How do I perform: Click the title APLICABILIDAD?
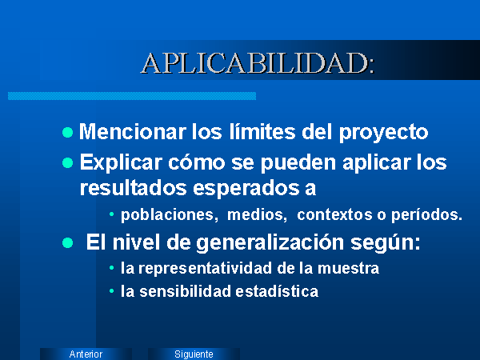(258, 63)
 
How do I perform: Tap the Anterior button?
(86, 354)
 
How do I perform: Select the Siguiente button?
(194, 354)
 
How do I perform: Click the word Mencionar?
(133, 132)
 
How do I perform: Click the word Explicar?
(121, 162)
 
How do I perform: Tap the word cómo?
(197, 162)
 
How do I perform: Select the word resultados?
(133, 188)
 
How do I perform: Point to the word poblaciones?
(170, 214)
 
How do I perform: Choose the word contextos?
(334, 214)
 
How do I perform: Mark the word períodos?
(426, 215)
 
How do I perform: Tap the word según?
(386, 243)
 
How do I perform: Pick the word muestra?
(348, 269)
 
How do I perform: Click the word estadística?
(277, 291)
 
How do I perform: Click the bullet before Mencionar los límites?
(68, 133)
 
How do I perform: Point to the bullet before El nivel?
(68, 243)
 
